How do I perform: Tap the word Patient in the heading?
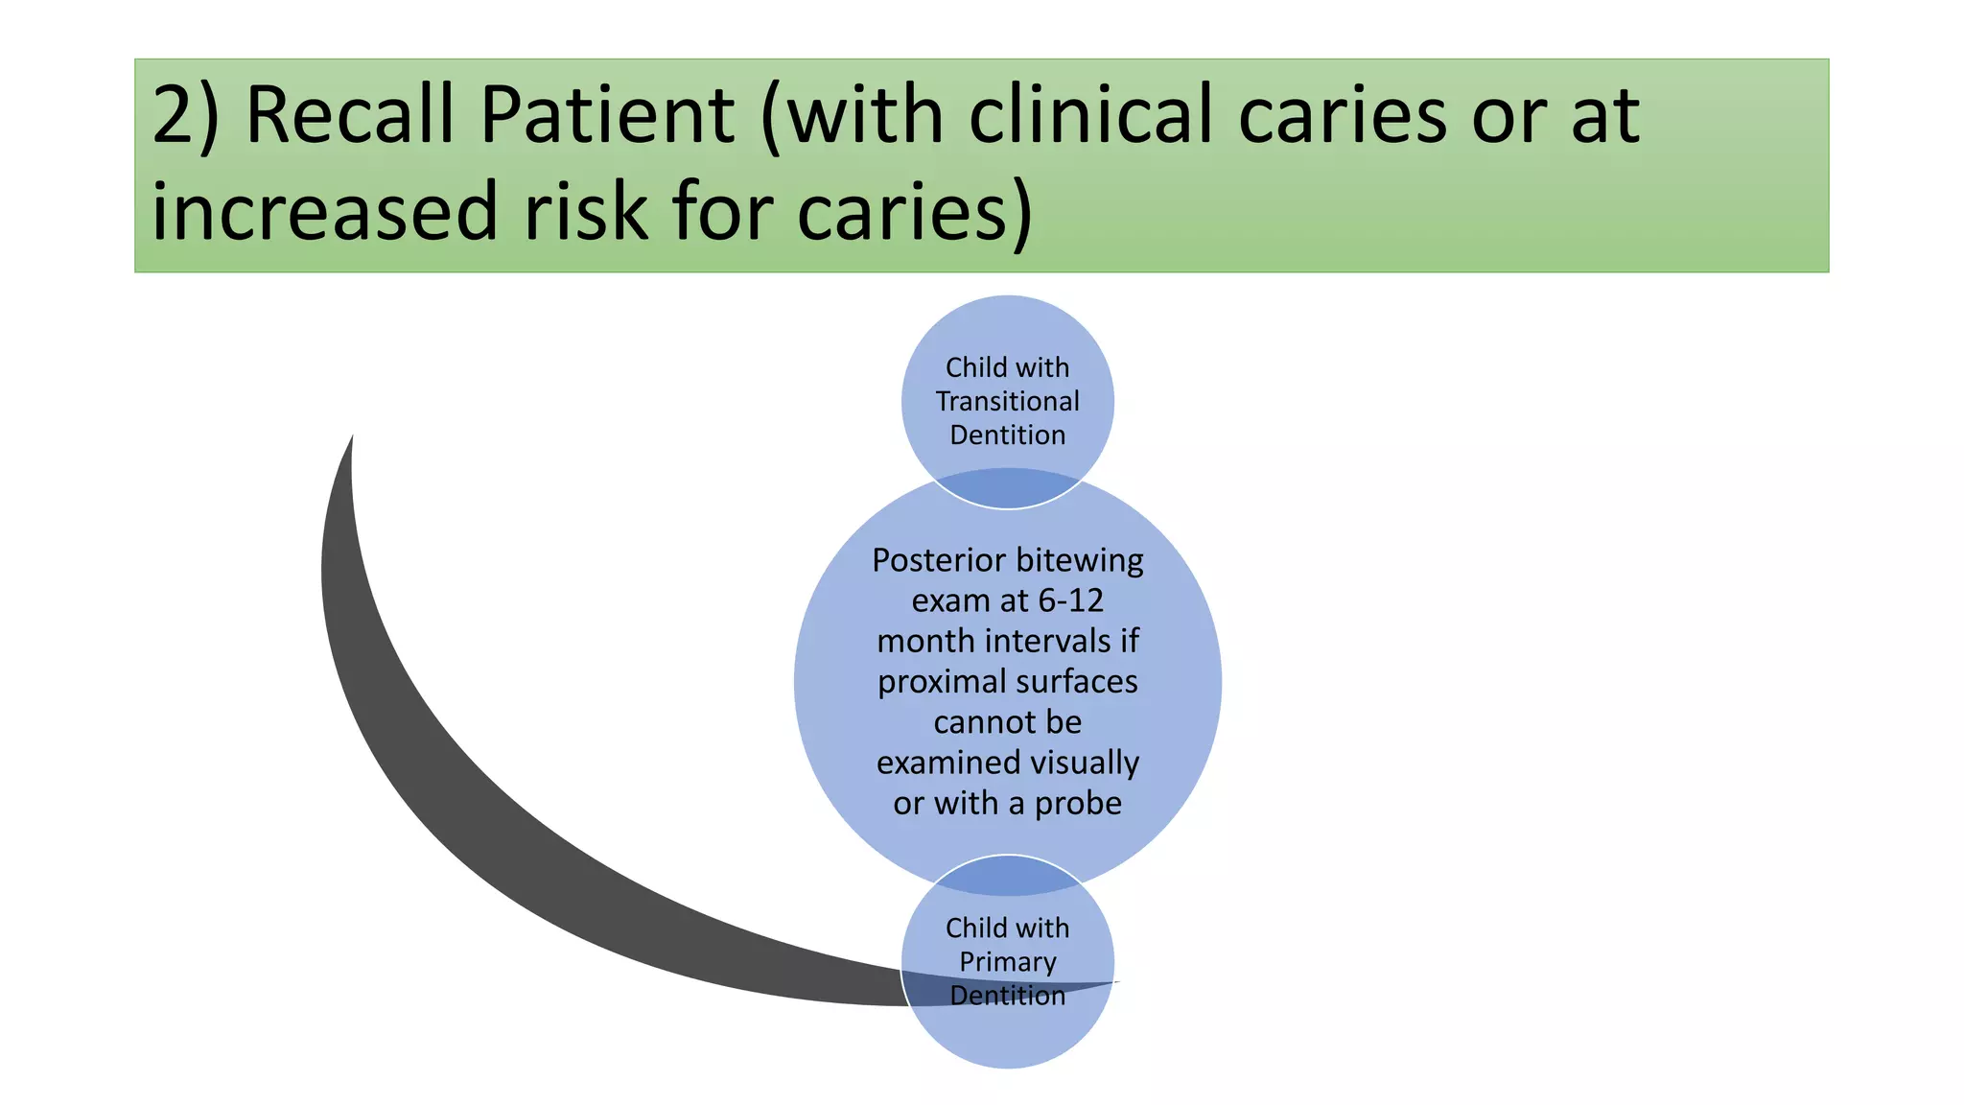tap(605, 115)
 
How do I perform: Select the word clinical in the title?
tap(1091, 115)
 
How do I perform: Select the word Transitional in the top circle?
tap(1007, 401)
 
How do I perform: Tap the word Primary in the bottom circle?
tap(1007, 961)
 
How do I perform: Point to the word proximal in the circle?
tap(939, 682)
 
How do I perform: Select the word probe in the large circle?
tap(1077, 803)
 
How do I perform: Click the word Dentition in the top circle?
tap(1007, 435)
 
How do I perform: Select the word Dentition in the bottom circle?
tap(1007, 996)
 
